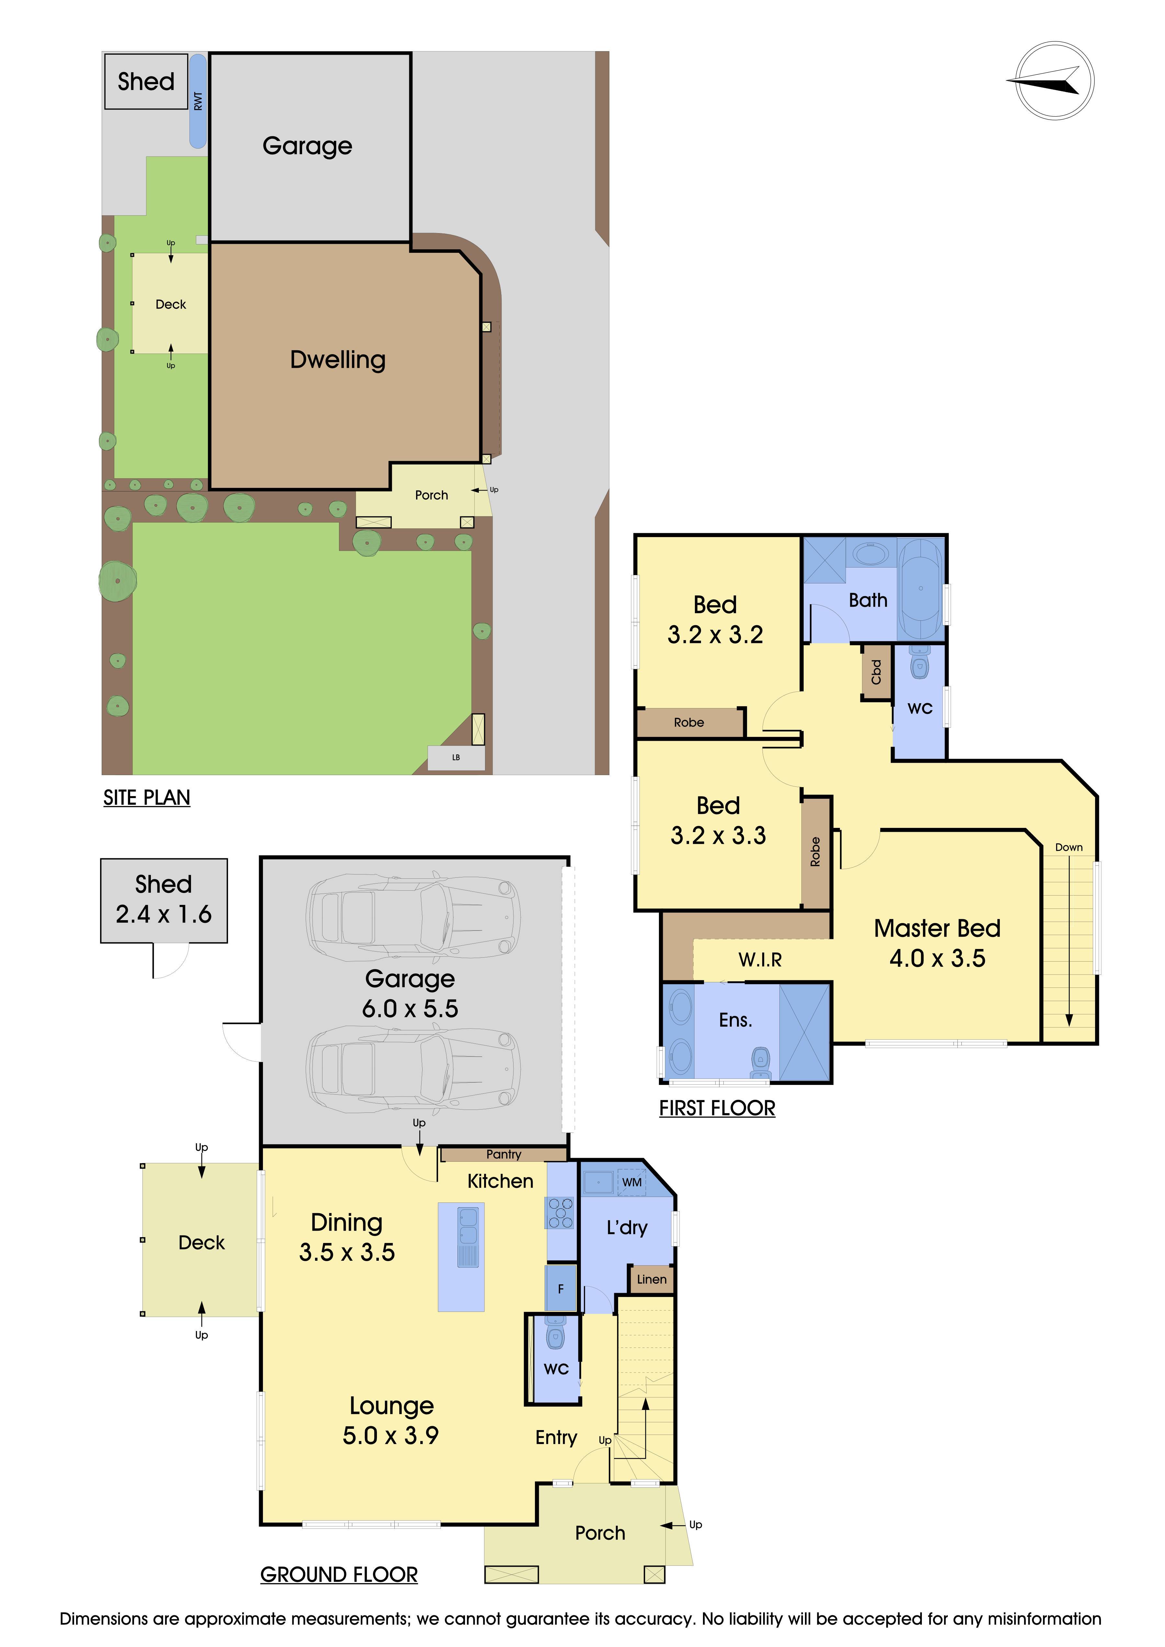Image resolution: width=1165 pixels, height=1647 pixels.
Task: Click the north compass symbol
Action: pos(1055,80)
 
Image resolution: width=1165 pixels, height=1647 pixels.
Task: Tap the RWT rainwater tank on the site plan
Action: pos(198,101)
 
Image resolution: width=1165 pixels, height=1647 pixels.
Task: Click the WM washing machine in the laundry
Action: pos(631,1182)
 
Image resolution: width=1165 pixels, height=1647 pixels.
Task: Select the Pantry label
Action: pos(503,1154)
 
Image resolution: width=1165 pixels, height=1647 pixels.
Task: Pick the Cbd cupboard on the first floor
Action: pos(876,672)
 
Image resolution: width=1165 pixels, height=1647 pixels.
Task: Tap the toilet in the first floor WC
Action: pos(920,661)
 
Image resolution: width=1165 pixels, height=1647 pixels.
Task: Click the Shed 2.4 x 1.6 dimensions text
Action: pos(164,914)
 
